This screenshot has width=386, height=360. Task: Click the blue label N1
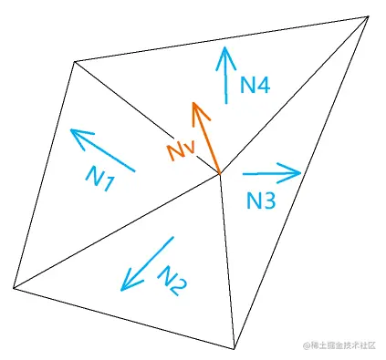[x=100, y=179]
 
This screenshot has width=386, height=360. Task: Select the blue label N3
[x=260, y=201]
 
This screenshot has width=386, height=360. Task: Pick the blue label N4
[x=255, y=87]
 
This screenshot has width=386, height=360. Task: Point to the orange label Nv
[x=180, y=149]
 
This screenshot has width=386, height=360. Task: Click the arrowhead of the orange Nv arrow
[x=194, y=108]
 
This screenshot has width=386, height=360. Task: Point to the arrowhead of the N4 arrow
[x=224, y=53]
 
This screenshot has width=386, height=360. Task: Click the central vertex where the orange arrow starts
[x=220, y=172]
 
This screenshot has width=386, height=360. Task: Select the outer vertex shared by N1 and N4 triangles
[x=74, y=61]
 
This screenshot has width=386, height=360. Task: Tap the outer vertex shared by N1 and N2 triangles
[x=14, y=288]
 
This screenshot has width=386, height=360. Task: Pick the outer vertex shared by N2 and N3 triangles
[x=235, y=348]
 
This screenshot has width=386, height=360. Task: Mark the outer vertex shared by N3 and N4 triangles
[x=369, y=15]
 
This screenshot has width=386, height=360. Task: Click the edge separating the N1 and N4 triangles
[x=146, y=116]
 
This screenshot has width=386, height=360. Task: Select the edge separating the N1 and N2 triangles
[x=117, y=230]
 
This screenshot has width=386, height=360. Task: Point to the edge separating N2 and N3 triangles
[x=227, y=260]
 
